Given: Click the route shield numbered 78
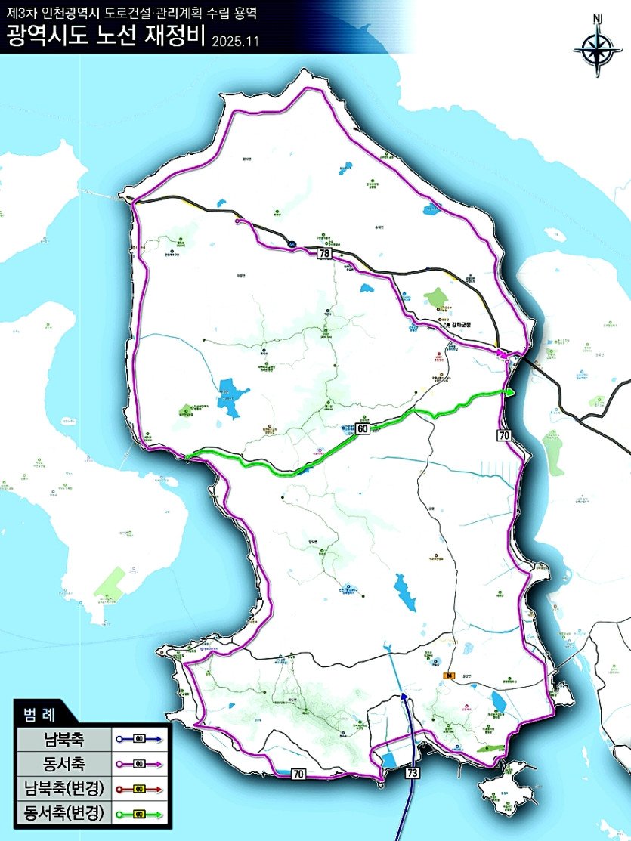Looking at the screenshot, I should point(324,255).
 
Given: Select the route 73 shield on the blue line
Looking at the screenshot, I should point(412,773).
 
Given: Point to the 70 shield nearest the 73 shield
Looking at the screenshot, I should point(298,773).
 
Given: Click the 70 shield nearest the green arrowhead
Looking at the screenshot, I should point(505,434).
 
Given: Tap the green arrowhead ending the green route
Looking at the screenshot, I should point(511,391).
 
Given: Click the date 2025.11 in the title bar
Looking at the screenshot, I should point(235,41).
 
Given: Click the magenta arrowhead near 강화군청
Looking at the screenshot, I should point(502,352).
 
